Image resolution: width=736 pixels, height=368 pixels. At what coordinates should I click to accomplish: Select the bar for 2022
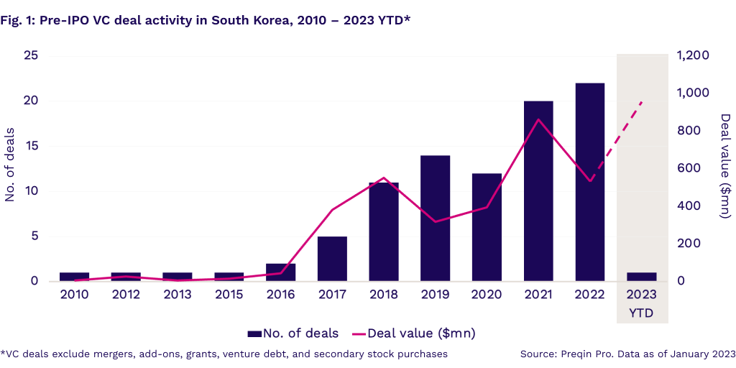(x=590, y=182)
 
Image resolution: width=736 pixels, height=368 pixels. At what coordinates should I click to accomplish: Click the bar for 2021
(x=538, y=191)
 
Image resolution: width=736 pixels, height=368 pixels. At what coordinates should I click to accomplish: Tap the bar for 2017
(x=332, y=259)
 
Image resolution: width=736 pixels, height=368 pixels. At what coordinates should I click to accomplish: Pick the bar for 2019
(x=436, y=218)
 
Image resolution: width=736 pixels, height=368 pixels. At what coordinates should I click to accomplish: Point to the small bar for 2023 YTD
(x=642, y=277)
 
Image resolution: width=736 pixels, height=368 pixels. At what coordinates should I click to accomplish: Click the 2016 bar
(x=280, y=272)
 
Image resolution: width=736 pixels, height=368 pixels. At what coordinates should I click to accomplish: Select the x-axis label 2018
(x=384, y=294)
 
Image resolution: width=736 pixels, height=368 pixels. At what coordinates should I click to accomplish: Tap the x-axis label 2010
(x=74, y=294)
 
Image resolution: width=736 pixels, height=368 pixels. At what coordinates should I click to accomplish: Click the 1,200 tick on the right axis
(x=694, y=56)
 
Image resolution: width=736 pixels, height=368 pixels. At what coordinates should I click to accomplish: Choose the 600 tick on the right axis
(x=689, y=168)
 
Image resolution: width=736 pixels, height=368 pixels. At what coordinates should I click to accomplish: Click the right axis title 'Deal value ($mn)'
(x=725, y=166)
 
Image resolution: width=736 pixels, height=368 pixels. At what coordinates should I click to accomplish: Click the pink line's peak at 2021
(x=538, y=119)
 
